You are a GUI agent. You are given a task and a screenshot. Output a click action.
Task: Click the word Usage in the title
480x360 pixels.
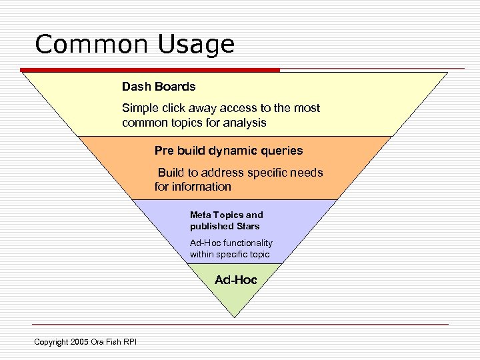click(x=197, y=45)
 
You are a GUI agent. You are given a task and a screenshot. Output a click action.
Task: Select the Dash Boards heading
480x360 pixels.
click(x=159, y=87)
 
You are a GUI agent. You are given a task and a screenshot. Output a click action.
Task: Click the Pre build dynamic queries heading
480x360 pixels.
click(x=229, y=151)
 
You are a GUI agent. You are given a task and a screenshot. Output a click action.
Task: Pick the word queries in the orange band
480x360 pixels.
click(x=281, y=151)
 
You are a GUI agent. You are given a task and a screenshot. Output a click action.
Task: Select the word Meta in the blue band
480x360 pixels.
click(x=201, y=215)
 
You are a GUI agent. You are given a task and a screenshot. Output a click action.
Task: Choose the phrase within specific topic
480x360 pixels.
click(x=229, y=254)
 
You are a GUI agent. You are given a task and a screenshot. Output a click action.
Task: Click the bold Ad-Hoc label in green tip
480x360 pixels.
click(x=235, y=280)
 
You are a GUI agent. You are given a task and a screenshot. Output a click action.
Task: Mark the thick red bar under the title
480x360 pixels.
click(x=150, y=69)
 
